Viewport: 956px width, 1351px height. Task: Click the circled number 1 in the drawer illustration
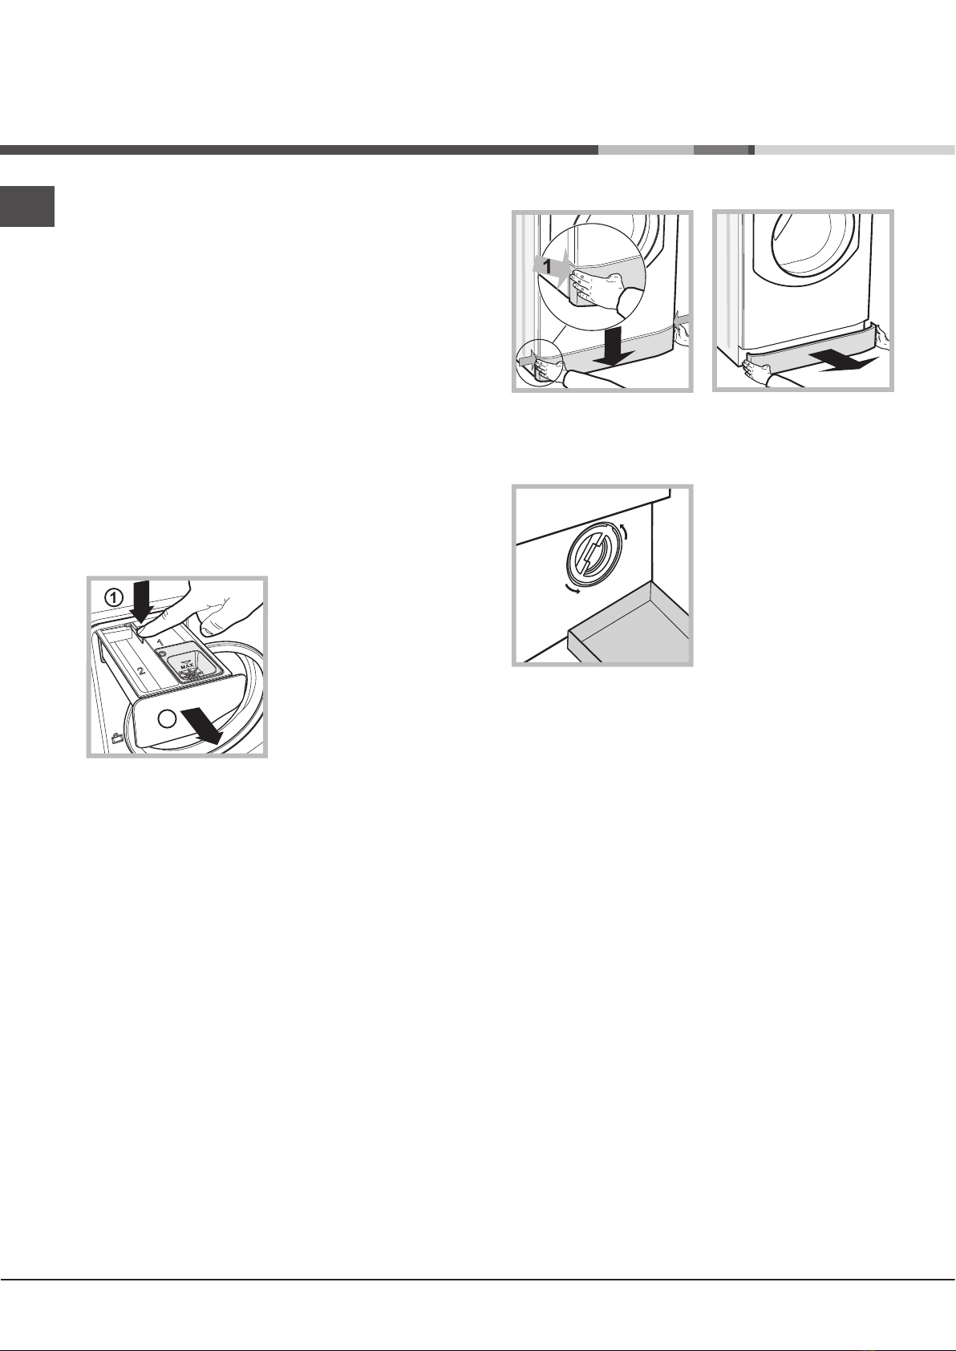pos(112,597)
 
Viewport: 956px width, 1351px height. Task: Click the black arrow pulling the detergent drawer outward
pos(202,725)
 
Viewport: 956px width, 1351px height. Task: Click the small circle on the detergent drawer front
pos(167,717)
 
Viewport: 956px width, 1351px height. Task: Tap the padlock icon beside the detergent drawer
pos(116,738)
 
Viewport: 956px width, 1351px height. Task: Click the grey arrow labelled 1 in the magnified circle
pos(551,266)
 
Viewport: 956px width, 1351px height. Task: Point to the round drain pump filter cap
pos(591,552)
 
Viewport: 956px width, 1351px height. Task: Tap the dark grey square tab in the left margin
pos(27,206)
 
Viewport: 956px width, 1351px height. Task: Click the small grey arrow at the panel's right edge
pos(683,318)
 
